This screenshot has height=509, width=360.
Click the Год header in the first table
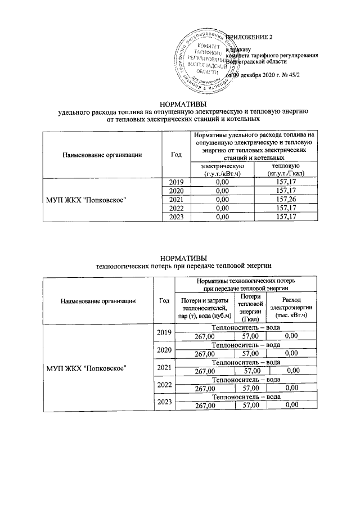175,154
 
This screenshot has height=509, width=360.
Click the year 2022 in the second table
164,388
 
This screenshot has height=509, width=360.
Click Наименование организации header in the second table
98,301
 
